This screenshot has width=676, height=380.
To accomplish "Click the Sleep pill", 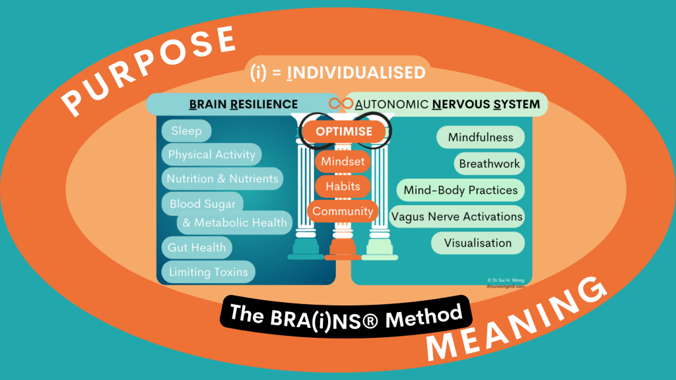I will [186, 131].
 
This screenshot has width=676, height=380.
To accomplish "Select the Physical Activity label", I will [211, 155].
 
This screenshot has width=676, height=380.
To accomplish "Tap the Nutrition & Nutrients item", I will [222, 179].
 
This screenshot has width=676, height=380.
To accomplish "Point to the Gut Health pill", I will [197, 247].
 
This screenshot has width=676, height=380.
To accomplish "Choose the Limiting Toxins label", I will [209, 272].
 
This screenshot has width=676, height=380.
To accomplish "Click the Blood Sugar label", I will [203, 203].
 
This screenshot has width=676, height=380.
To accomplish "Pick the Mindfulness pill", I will [480, 138].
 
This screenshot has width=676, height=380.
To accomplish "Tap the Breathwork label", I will [490, 164].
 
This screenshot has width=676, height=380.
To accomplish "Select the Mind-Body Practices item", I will [461, 190].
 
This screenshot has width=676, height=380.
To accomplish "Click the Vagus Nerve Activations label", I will [457, 216].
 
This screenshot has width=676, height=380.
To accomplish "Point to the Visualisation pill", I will [478, 243].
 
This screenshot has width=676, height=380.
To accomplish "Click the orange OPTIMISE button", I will [343, 131].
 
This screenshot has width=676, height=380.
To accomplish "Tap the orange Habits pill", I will [343, 186].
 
